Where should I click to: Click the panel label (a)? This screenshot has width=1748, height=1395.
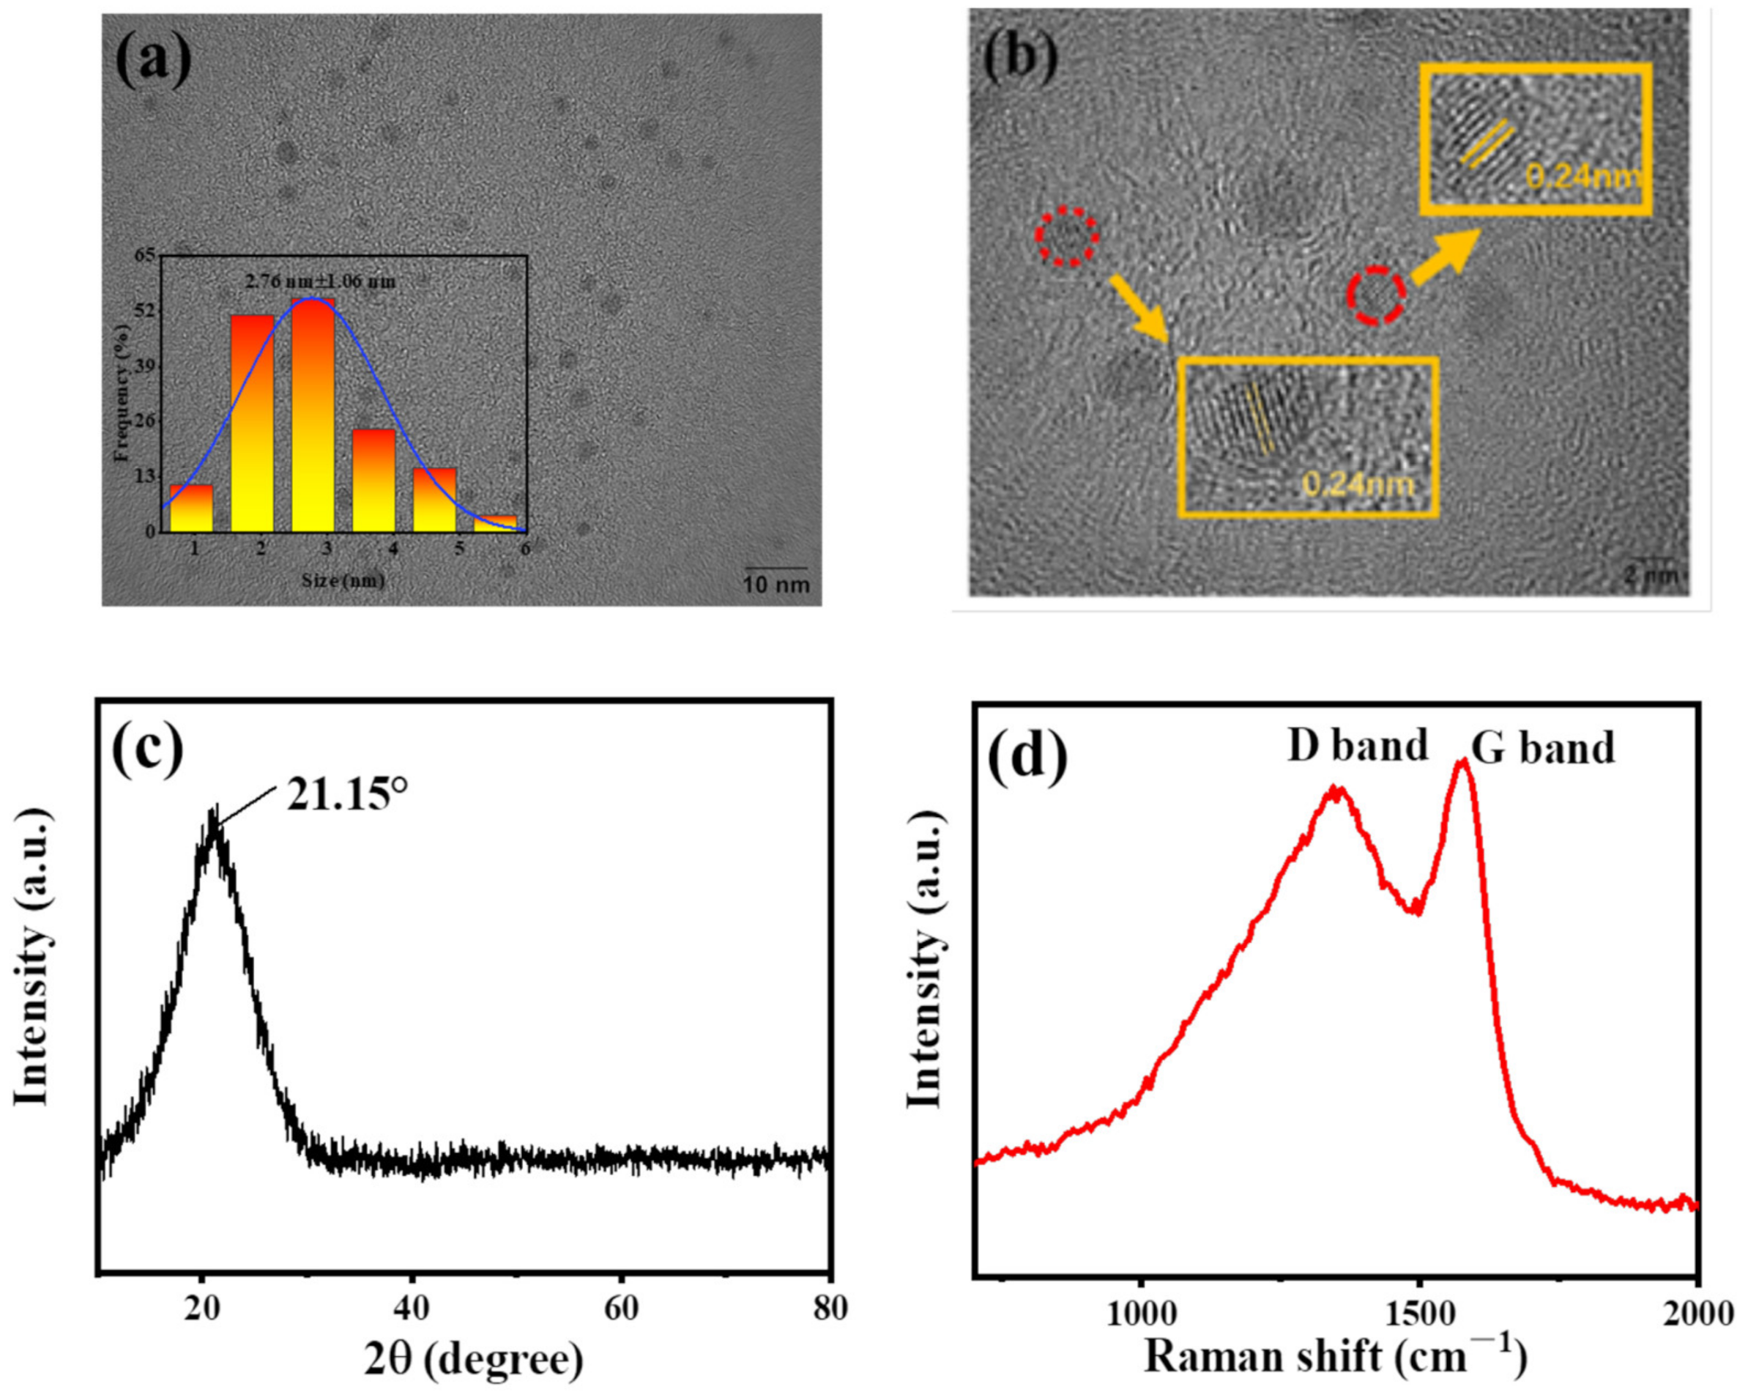(153, 60)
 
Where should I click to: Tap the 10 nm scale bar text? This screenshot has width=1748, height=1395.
(777, 584)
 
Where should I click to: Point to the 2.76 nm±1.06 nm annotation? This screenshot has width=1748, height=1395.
(321, 282)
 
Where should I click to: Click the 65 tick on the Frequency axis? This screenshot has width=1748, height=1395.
(145, 256)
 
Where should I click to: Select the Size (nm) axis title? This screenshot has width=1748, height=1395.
(343, 581)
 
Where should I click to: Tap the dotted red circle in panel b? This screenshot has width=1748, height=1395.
(1067, 236)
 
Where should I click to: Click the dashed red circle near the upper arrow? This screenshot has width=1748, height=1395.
(1376, 295)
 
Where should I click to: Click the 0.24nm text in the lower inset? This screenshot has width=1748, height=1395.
(1358, 484)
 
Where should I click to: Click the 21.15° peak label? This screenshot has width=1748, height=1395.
(346, 797)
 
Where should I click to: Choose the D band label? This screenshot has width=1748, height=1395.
(1358, 746)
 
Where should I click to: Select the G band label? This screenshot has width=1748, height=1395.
(1543, 748)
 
